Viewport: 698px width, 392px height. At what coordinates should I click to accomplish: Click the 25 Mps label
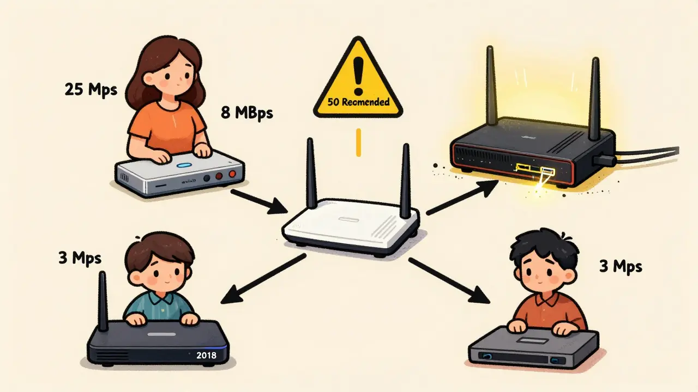[x=91, y=90]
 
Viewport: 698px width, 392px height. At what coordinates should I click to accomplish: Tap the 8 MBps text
[x=246, y=113]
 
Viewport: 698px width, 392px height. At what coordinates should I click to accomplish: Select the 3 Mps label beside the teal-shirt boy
[x=80, y=258]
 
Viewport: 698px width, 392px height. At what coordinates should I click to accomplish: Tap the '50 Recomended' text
[x=358, y=102]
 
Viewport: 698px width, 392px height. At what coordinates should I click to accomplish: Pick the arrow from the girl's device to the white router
[x=259, y=201]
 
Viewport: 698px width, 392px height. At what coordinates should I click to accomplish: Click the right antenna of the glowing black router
[x=594, y=95]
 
